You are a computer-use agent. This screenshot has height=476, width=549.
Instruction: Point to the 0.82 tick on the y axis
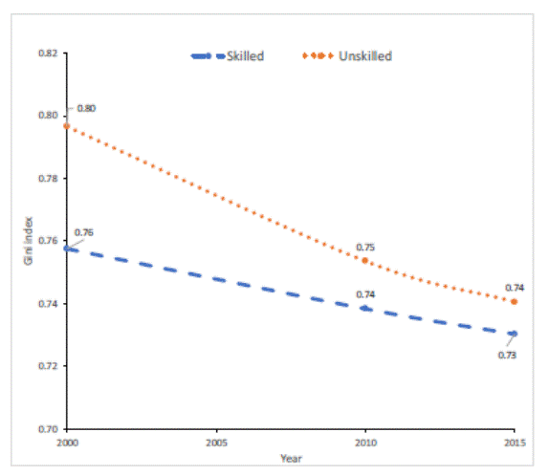coord(46,54)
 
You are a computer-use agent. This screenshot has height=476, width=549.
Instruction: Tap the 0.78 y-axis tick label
coord(46,179)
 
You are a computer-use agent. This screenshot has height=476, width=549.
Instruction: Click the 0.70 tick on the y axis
coord(46,429)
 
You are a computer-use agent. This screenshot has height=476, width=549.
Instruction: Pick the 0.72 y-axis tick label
coord(46,366)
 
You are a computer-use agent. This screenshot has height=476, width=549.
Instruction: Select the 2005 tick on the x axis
coord(216,444)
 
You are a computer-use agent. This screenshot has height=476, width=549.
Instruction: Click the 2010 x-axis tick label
coord(365,444)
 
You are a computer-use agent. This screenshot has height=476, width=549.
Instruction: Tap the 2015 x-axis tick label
coord(515,444)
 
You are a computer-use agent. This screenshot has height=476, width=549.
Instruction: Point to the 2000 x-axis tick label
coord(67,444)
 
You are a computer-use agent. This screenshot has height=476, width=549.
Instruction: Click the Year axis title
coord(291,459)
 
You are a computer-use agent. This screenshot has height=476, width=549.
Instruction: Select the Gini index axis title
coord(29,242)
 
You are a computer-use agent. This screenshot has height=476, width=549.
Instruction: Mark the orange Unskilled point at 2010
coord(364,260)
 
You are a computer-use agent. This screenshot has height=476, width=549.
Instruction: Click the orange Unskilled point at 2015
coord(515,302)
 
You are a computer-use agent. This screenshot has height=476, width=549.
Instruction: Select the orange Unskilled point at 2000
coord(67,126)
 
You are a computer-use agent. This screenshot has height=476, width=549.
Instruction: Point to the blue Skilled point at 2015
coord(515,334)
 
